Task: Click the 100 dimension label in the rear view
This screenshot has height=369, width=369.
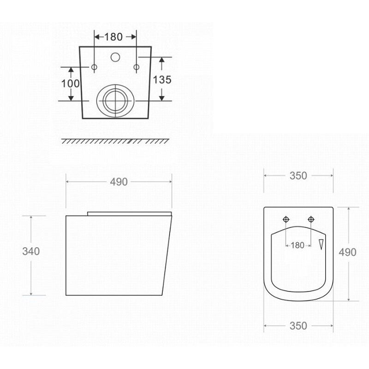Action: click(71, 83)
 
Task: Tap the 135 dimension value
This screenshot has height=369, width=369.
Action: click(162, 80)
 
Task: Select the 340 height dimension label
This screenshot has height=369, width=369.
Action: click(31, 251)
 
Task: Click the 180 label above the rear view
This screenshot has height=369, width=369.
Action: click(113, 37)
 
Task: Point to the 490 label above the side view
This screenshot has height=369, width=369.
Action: click(119, 182)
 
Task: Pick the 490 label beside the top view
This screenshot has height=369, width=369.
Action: click(347, 252)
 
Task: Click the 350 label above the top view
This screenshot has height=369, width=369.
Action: click(298, 176)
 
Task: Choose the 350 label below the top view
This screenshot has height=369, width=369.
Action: click(298, 326)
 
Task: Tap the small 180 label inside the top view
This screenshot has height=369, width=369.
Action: click(298, 245)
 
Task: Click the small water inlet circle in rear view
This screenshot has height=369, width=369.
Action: click(115, 57)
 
